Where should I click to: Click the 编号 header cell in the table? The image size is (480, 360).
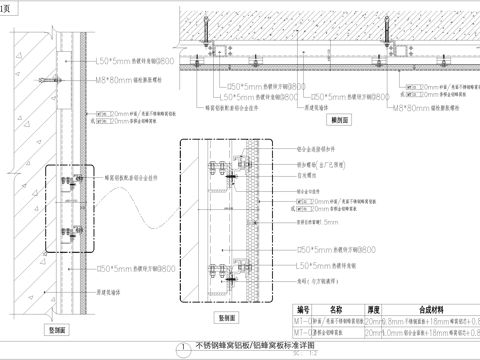click(300, 310)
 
